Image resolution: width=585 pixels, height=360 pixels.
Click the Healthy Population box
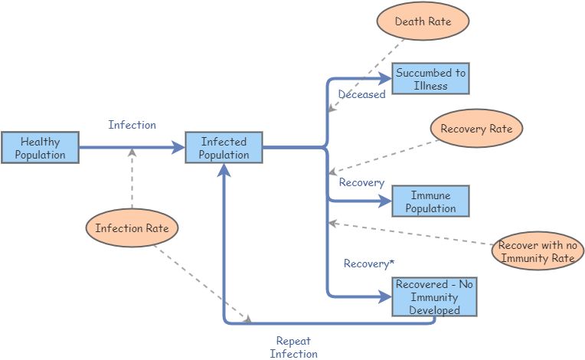tap(40, 147)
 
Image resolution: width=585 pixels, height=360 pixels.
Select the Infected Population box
tap(224, 147)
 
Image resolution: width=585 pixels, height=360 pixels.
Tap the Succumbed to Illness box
tap(430, 79)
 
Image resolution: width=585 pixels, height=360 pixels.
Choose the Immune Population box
tap(430, 201)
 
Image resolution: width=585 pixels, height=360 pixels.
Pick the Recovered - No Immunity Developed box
tap(434, 297)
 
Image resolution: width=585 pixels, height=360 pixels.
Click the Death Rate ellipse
tap(423, 22)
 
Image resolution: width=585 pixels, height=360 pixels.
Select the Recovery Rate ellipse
tap(476, 129)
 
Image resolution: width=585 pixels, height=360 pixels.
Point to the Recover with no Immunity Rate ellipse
tap(537, 251)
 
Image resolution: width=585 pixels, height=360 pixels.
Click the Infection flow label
tap(132, 125)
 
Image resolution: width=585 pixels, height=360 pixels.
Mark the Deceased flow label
tap(361, 95)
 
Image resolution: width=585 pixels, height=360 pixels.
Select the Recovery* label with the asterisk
tap(369, 263)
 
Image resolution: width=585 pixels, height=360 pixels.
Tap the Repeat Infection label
tap(293, 347)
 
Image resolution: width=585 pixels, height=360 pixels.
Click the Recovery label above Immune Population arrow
tap(361, 182)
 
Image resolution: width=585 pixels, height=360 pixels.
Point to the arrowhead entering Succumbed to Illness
tap(387, 78)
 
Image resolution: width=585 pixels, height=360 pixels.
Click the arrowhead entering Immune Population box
tap(387, 201)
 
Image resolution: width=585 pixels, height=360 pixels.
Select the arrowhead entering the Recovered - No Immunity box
tap(387, 296)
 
